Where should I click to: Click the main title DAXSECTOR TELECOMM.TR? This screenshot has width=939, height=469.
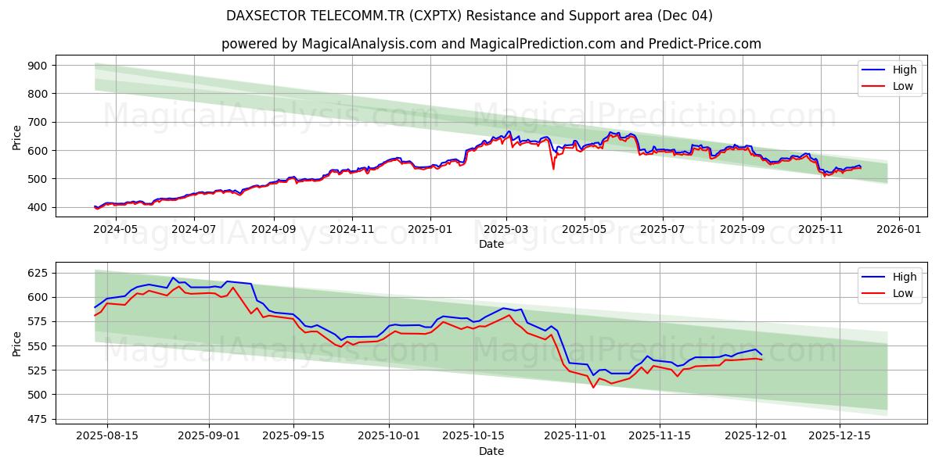[x=469, y=16]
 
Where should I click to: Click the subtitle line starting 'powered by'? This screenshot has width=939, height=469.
[x=491, y=44]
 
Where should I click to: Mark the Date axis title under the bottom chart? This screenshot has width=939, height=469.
[x=491, y=451]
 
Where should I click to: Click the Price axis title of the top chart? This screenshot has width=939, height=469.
[x=17, y=137]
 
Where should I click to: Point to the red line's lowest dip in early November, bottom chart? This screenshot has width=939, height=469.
[x=593, y=387]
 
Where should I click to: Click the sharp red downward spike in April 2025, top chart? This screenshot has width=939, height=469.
[x=553, y=168]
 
